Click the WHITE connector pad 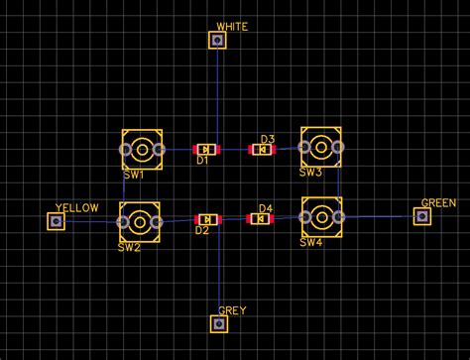click(217, 40)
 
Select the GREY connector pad click(219, 323)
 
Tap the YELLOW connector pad click(56, 221)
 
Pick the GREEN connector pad click(423, 215)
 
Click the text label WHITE click(232, 26)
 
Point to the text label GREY click(232, 310)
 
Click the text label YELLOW click(77, 207)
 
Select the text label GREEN click(438, 202)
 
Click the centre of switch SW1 click(142, 151)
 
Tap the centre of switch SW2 click(140, 221)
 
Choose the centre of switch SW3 click(321, 148)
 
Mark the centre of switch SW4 click(321, 215)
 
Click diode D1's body click(205, 150)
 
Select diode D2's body click(207, 219)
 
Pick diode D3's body click(261, 150)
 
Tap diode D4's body click(260, 218)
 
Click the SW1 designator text click(133, 175)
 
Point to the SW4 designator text click(311, 242)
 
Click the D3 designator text click(267, 139)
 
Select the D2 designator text click(202, 230)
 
